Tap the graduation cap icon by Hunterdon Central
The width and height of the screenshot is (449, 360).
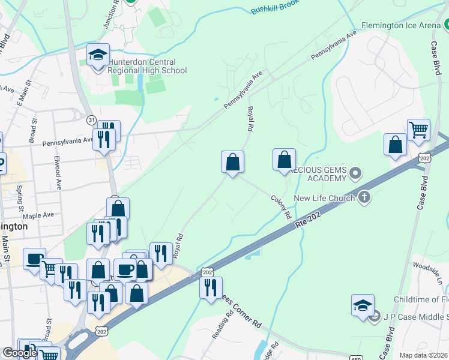click(98, 55)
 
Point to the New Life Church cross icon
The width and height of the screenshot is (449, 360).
click(364, 198)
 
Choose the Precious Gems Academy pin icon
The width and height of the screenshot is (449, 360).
click(355, 174)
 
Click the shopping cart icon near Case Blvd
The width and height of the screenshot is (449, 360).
click(418, 130)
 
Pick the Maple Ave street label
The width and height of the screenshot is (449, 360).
click(39, 215)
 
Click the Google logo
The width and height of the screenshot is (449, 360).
click(20, 353)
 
